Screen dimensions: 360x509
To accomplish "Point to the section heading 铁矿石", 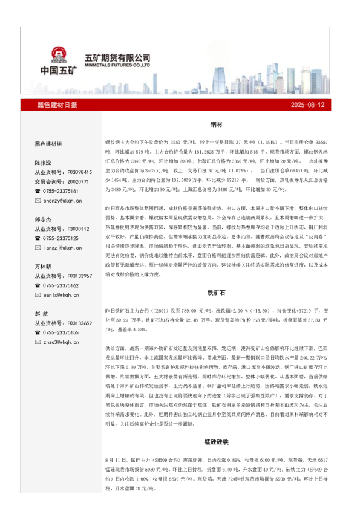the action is click(216, 292).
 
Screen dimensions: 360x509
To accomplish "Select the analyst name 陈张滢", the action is click(43, 163).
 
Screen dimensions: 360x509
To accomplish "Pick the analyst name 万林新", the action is click(43, 267).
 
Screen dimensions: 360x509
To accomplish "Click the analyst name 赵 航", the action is click(42, 314).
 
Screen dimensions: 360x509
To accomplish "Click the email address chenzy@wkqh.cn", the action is click(62, 200).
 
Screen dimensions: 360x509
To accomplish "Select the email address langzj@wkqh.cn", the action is click(62, 247).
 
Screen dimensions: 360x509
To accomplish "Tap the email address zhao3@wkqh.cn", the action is click(61, 342).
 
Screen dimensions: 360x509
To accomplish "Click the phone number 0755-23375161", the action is click(61, 190).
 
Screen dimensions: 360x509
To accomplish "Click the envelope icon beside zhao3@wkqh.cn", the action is click(38, 342).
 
